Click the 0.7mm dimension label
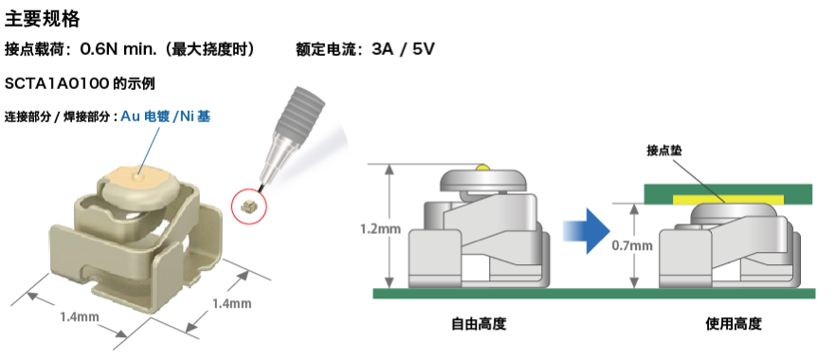coord(632,245)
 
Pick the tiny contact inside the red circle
coord(249,204)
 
